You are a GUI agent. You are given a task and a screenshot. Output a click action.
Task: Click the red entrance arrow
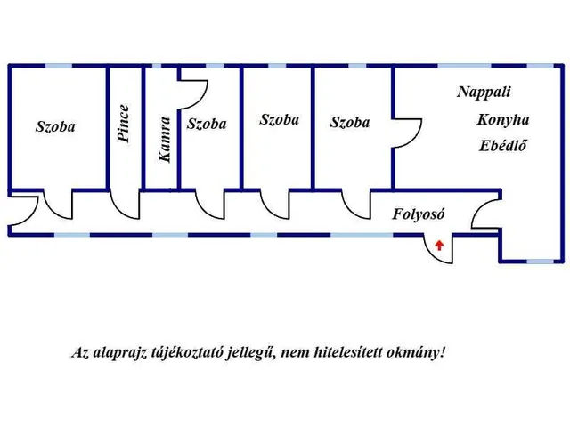click(438, 244)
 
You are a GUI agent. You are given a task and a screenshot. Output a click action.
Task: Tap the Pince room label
click(124, 125)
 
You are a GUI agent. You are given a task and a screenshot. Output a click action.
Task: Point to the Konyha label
click(503, 119)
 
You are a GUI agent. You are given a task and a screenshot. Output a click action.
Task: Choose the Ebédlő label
click(503, 145)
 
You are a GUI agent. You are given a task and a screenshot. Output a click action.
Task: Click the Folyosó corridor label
click(419, 214)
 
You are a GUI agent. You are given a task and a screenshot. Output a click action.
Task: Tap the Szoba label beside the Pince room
click(55, 126)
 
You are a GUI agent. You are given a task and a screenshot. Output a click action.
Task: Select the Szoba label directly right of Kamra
click(207, 125)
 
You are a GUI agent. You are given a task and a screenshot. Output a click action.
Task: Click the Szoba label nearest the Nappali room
click(349, 123)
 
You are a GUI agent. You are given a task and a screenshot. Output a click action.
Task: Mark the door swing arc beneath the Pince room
click(126, 204)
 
